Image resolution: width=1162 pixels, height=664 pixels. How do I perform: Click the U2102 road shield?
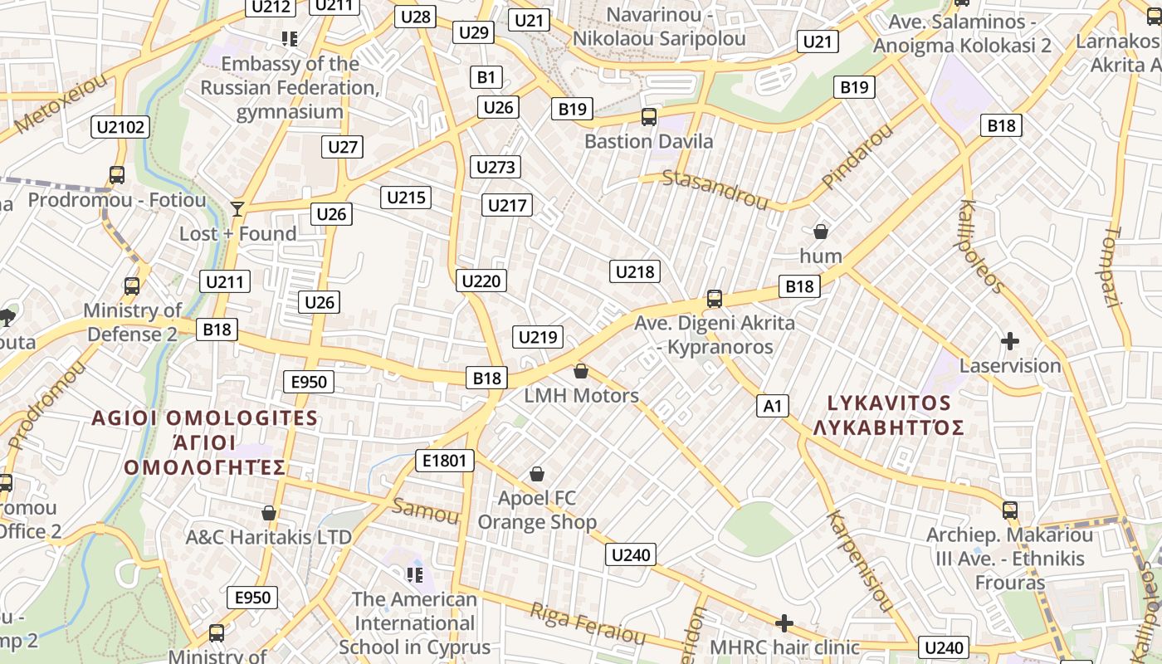(121, 127)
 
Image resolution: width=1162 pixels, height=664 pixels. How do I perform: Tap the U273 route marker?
(496, 167)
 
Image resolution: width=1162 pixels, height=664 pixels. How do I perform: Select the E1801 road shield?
(445, 461)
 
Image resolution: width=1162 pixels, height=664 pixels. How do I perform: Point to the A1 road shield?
(773, 406)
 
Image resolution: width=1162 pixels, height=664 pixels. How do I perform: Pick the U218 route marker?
(635, 271)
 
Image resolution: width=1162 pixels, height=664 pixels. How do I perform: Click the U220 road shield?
(481, 281)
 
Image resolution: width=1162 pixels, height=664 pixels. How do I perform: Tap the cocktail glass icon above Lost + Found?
(238, 208)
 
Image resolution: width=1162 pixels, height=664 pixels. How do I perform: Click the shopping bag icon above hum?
(821, 232)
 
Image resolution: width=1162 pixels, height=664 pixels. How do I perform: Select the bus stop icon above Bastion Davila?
(649, 117)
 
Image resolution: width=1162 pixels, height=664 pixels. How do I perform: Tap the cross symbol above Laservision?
(1010, 341)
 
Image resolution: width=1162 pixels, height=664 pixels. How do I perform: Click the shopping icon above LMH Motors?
(581, 371)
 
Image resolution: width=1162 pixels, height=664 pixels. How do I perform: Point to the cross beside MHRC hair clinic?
(784, 622)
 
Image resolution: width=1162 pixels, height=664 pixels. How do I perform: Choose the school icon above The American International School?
(415, 574)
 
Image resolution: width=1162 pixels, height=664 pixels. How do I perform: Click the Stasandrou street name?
(715, 189)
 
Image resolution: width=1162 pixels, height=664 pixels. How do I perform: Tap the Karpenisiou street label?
(859, 560)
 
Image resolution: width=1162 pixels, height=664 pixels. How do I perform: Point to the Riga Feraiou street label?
(588, 623)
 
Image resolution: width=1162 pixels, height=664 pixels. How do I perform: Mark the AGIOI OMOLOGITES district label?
(205, 418)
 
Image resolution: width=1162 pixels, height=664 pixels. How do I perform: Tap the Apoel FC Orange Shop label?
(537, 510)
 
